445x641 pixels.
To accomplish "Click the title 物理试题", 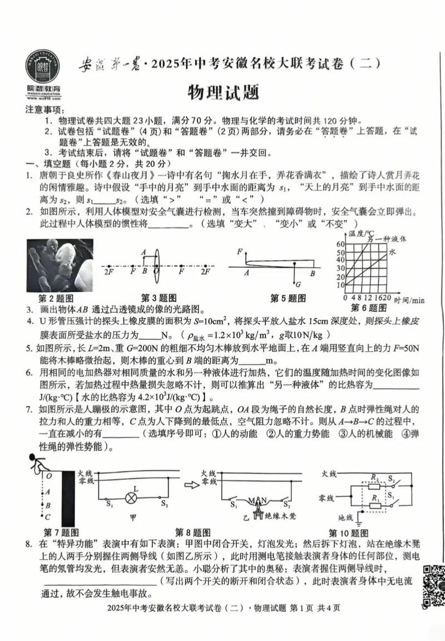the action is click(223, 92).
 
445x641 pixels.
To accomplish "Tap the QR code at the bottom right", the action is click(432, 586).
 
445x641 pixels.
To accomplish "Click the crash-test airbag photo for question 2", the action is click(60, 265).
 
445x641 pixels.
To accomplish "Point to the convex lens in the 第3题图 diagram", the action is click(157, 264).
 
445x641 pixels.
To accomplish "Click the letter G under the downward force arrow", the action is click(298, 284).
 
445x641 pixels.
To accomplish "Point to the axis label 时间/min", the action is click(409, 300).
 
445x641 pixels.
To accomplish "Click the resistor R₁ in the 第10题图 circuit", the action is click(375, 505).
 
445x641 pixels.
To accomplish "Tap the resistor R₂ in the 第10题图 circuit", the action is click(375, 485).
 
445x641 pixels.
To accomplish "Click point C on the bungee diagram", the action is click(48, 516).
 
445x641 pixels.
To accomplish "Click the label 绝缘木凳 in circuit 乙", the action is click(281, 515).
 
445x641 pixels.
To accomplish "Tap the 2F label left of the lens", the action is click(108, 272).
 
